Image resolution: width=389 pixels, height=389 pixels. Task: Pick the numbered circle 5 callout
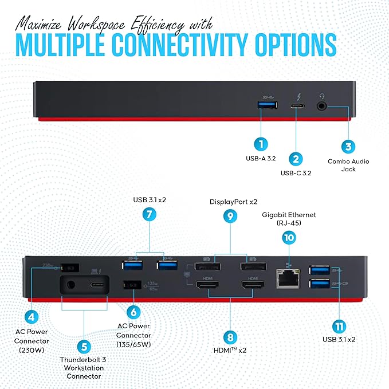click(x=84, y=346)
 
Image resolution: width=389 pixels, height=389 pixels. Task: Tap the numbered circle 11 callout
click(x=340, y=327)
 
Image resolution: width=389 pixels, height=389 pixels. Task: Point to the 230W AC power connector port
click(x=72, y=267)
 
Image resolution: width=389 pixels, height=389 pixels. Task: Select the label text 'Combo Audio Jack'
click(x=348, y=165)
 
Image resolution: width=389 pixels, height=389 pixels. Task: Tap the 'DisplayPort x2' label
click(x=230, y=202)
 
